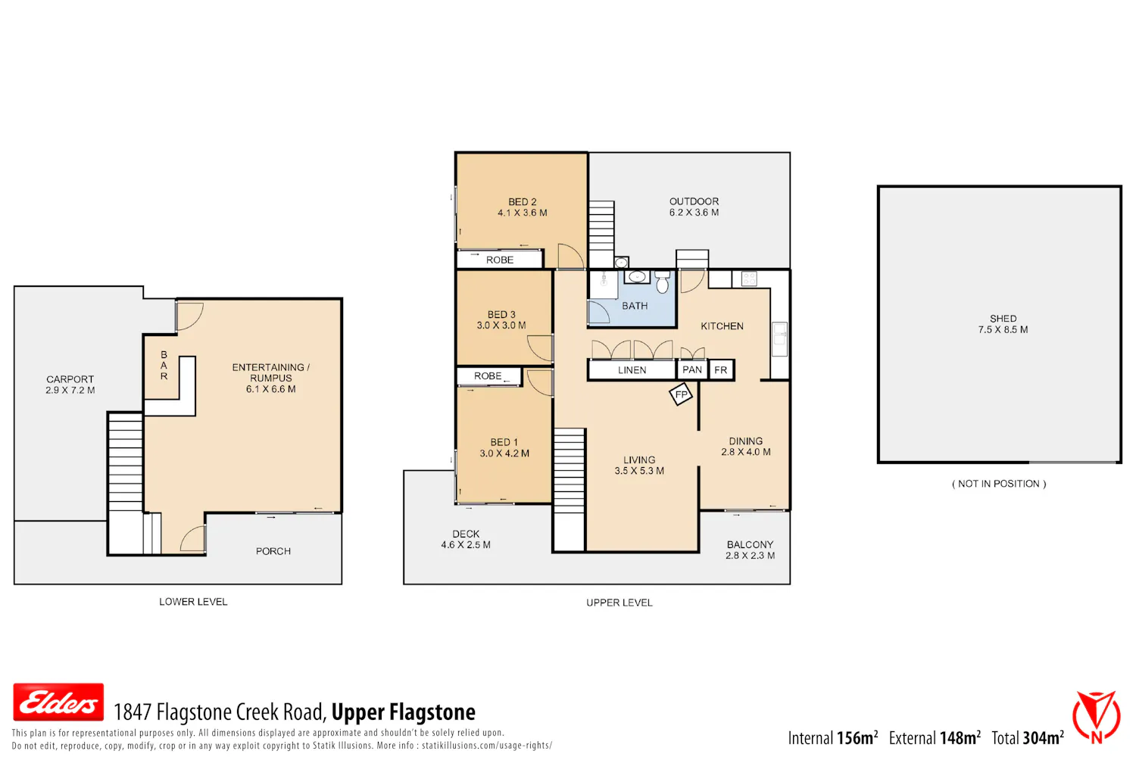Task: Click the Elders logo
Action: (x=58, y=702)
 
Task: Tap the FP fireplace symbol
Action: (x=681, y=394)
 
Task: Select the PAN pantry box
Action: (x=692, y=369)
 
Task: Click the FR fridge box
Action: (x=721, y=370)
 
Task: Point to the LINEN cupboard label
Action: (x=632, y=370)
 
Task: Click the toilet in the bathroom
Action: (x=663, y=282)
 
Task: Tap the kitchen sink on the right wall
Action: (x=779, y=338)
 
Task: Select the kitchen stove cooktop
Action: (x=749, y=279)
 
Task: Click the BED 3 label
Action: (x=501, y=314)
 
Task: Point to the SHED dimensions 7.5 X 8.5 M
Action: (x=1003, y=329)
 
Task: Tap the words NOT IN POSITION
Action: (x=999, y=484)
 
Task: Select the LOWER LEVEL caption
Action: (x=193, y=602)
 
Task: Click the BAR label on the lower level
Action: (x=164, y=365)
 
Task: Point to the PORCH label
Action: (x=273, y=551)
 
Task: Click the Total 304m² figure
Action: (x=1028, y=738)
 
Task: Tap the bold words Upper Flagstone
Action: (x=404, y=712)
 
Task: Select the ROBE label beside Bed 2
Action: (x=500, y=260)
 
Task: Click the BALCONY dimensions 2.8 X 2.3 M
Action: (x=750, y=555)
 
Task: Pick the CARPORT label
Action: (x=70, y=379)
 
